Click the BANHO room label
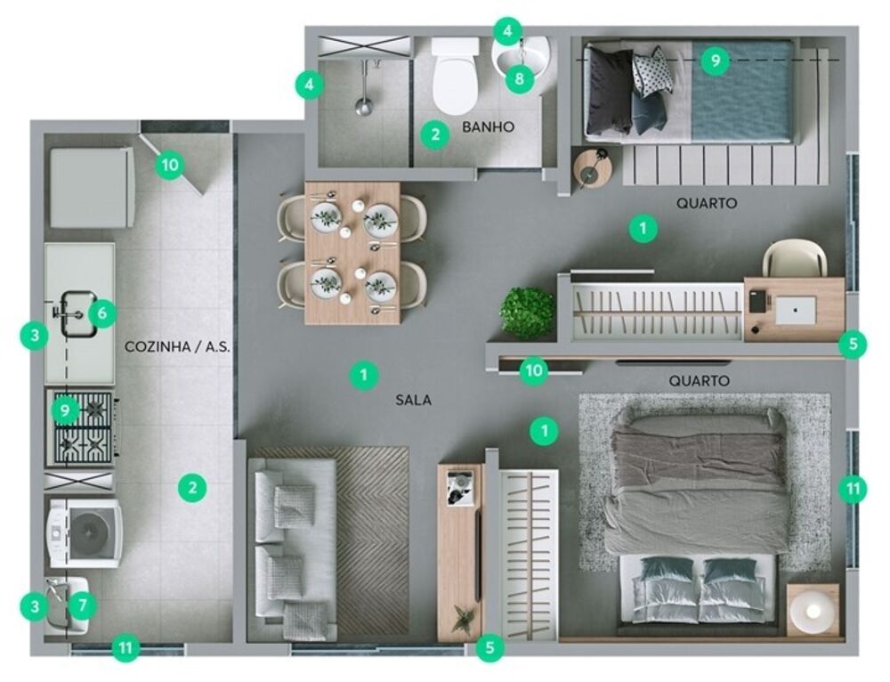point(488,127)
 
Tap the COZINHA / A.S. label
point(177,347)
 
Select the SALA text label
point(413,401)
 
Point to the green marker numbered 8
point(520,79)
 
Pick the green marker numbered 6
point(102,313)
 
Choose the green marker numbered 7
point(82,606)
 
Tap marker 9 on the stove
point(65,410)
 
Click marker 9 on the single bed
point(714,61)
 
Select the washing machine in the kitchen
point(85,532)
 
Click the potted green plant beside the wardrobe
point(527,312)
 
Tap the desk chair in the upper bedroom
point(794,259)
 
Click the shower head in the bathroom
point(363,107)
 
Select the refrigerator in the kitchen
point(91,187)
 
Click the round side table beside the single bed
point(592,168)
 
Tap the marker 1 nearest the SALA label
point(363,375)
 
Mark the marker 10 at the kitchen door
point(169,165)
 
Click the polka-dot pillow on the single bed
point(652,70)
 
